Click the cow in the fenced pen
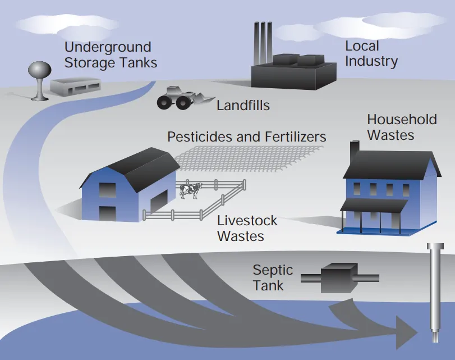point(190,190)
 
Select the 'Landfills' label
point(243,105)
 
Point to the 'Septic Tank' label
point(273,277)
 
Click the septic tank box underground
point(339,278)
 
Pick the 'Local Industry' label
point(371,54)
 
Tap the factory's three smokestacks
point(263,43)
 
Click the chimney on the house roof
point(355,151)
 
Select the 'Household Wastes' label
point(402,127)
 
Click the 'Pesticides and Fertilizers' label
point(247,137)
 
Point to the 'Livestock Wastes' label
point(247,228)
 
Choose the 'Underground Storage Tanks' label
point(111,55)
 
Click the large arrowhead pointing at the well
point(406,333)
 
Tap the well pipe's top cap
point(435,247)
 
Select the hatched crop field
point(249,158)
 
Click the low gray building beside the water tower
point(75,86)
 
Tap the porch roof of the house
point(374,205)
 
